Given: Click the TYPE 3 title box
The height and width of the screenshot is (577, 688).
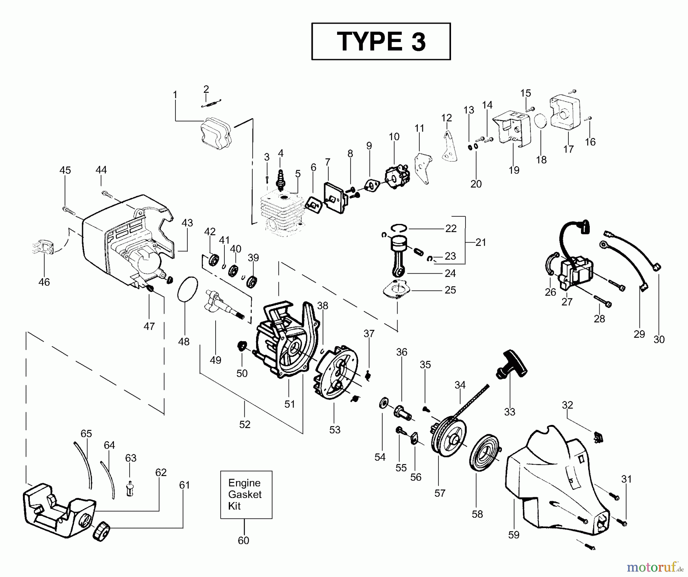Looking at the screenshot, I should (x=381, y=41).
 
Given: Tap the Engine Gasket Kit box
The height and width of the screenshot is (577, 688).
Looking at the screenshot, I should (x=246, y=494).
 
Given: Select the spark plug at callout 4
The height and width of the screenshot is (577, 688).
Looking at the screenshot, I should (x=281, y=180).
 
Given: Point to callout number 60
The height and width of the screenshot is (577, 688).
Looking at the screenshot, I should (x=243, y=540).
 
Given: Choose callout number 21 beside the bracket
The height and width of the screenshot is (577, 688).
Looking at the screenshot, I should (x=480, y=242).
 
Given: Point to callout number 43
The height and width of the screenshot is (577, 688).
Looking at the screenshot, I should (x=187, y=223).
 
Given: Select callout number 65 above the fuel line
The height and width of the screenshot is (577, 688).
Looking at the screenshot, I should (x=86, y=434).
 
